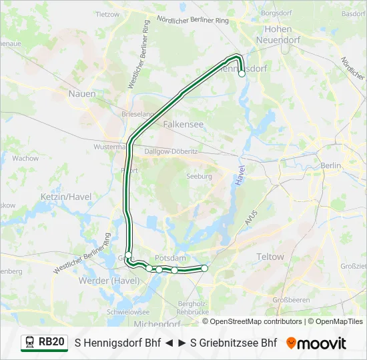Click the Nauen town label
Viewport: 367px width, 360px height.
(x=82, y=94)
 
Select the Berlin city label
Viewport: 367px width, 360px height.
(x=330, y=165)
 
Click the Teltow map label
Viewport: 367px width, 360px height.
(x=270, y=257)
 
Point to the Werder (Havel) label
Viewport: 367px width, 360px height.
(x=109, y=281)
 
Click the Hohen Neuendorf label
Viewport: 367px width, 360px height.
(x=278, y=35)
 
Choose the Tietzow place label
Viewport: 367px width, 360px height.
(x=107, y=13)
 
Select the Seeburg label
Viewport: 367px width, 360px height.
(x=200, y=177)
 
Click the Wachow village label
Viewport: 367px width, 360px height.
(x=25, y=159)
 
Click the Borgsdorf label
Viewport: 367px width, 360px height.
(x=277, y=13)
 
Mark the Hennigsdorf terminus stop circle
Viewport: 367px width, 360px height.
(x=242, y=75)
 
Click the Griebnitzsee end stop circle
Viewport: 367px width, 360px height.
(x=204, y=268)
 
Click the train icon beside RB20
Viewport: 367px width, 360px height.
(x=30, y=343)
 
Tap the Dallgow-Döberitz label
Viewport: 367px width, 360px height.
(x=171, y=151)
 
